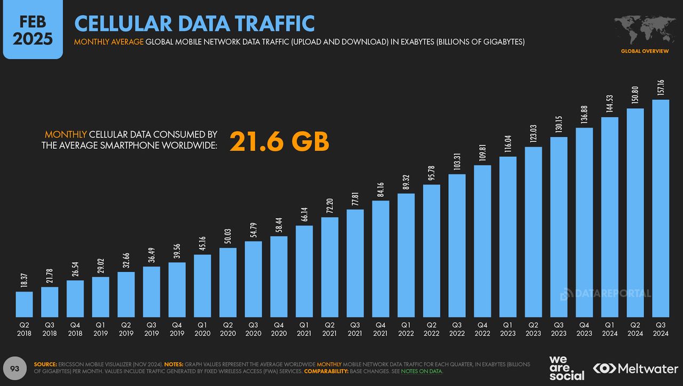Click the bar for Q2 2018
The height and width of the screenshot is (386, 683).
pos(24,304)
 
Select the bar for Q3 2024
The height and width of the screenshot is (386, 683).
pos(661,208)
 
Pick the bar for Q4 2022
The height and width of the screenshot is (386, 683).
pos(482,240)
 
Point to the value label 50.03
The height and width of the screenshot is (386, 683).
pos(228,236)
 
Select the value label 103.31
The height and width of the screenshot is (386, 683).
pos(457,162)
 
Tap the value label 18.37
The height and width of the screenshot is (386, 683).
pos(24,279)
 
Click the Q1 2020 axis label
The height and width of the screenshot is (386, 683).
pos(202,328)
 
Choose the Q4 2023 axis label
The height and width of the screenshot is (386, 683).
pos(584,328)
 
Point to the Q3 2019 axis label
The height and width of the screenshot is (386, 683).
pos(152,328)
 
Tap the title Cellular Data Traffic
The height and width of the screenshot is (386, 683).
pos(194,23)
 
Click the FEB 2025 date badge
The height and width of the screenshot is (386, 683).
pos(33,30)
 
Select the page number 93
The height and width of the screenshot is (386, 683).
pos(15,368)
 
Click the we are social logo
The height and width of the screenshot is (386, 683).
pos(566,368)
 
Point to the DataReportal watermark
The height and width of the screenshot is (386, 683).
pos(606,293)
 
